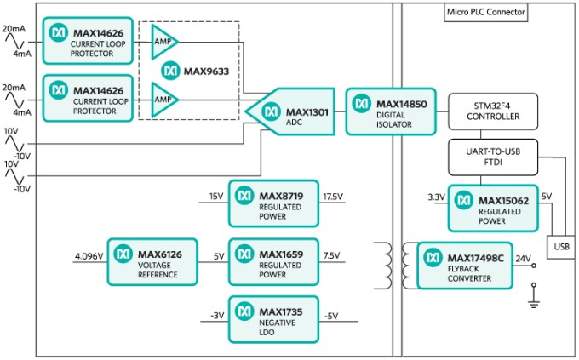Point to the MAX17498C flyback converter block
pyautogui.click(x=466, y=265)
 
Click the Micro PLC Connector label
pyautogui.click(x=485, y=11)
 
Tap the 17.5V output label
pyautogui.click(x=333, y=197)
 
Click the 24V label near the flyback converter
pyautogui.click(x=524, y=258)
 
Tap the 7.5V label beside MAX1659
pyautogui.click(x=330, y=254)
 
